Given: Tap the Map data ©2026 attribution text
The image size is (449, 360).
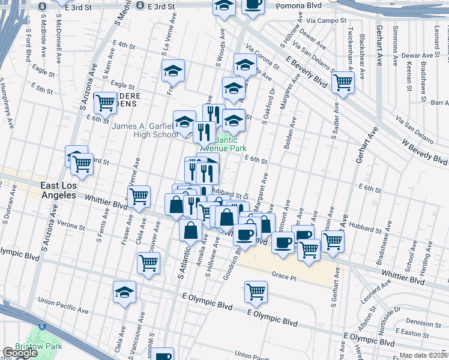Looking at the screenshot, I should (x=424, y=355).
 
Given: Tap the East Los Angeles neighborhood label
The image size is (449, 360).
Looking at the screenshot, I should (x=58, y=191).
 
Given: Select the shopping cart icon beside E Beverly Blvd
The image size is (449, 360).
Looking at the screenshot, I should (x=343, y=82).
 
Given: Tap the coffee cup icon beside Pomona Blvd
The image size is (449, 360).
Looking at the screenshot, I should (x=252, y=5).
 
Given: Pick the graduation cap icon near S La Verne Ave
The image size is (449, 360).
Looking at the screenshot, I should (x=172, y=71).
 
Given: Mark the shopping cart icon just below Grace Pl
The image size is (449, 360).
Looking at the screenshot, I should (x=256, y=292).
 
